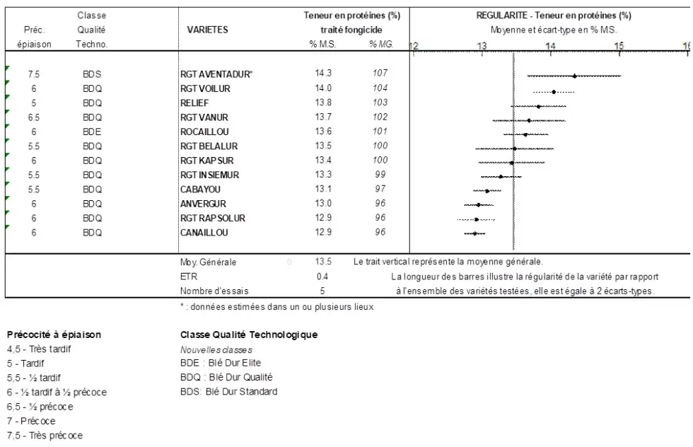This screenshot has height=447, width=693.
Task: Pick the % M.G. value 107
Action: click(381, 74)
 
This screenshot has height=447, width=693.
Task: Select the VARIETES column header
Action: click(207, 30)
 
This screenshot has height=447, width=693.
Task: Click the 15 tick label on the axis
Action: click(619, 46)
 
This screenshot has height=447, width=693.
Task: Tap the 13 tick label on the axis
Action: click(482, 46)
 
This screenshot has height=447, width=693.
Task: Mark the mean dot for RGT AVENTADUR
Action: click(574, 76)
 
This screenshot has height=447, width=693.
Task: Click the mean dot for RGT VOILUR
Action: click(554, 92)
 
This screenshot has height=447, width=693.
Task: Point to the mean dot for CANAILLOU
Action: click(474, 233)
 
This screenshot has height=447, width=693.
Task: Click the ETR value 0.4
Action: click(322, 277)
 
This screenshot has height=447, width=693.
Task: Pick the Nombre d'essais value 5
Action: click(322, 291)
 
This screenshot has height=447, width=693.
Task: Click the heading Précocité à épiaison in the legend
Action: click(54, 334)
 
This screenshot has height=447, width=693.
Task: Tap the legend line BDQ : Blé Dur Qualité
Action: click(226, 376)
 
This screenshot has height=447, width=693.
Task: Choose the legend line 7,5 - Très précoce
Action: click(44, 435)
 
